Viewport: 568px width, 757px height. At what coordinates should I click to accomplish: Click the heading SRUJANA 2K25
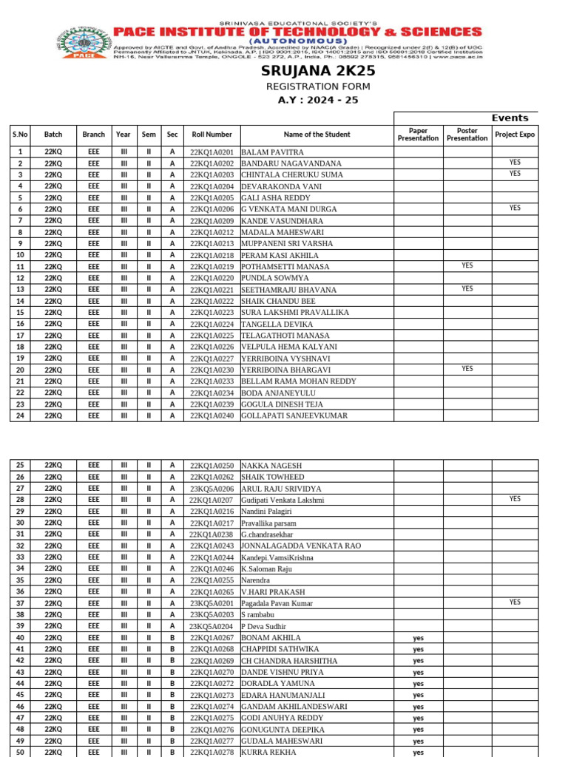point(318,71)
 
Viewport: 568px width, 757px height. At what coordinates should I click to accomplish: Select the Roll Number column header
point(212,135)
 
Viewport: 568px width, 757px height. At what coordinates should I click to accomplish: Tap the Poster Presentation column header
point(467,135)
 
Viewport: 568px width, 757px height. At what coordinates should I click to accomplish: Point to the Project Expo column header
point(515,135)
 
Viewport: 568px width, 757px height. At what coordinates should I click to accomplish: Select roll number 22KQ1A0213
point(212,243)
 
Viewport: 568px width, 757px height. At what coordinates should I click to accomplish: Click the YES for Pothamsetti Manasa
point(467,265)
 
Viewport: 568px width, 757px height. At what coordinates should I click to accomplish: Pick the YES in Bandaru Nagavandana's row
point(515,162)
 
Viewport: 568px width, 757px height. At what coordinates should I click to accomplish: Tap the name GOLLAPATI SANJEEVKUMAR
point(294,415)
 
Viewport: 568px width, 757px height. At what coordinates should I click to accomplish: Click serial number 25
point(20,465)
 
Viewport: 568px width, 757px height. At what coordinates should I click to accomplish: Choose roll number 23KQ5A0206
point(212,489)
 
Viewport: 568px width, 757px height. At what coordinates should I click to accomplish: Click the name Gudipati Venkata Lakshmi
point(283,500)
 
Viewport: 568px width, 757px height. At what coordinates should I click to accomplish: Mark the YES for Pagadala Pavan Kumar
point(515,602)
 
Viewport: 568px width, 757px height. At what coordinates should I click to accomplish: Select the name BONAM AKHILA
point(271,637)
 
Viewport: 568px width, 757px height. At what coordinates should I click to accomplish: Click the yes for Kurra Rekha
point(419,752)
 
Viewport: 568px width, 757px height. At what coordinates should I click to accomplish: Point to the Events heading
point(510,118)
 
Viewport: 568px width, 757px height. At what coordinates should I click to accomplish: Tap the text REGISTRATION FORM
point(318,86)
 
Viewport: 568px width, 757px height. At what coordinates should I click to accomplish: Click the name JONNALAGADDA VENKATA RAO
point(301,546)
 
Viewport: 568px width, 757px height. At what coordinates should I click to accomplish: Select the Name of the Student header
point(317,135)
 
